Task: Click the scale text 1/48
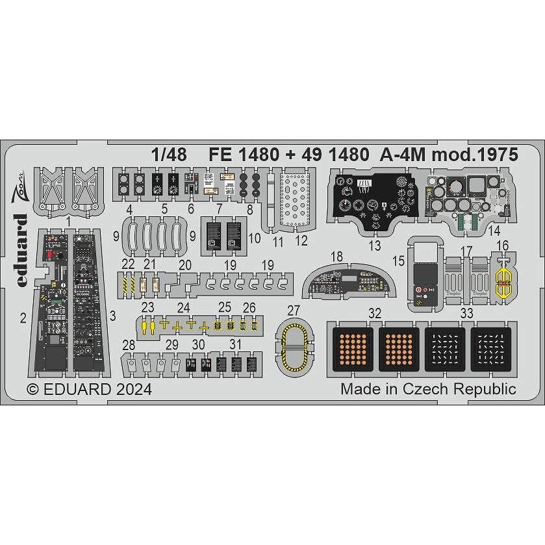171,155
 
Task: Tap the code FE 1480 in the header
242,155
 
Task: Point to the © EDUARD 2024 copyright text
89,390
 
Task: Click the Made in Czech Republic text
428,389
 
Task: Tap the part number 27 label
294,310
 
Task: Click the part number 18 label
336,257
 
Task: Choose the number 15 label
398,260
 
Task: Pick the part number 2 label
23,318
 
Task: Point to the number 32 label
374,313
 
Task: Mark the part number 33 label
466,313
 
